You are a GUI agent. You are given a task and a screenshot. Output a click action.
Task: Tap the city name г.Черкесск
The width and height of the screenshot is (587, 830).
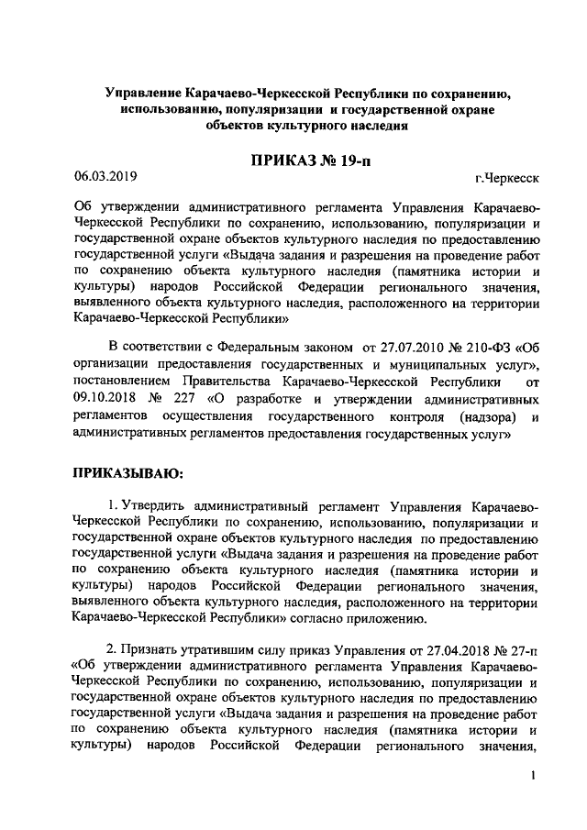coord(507,178)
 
